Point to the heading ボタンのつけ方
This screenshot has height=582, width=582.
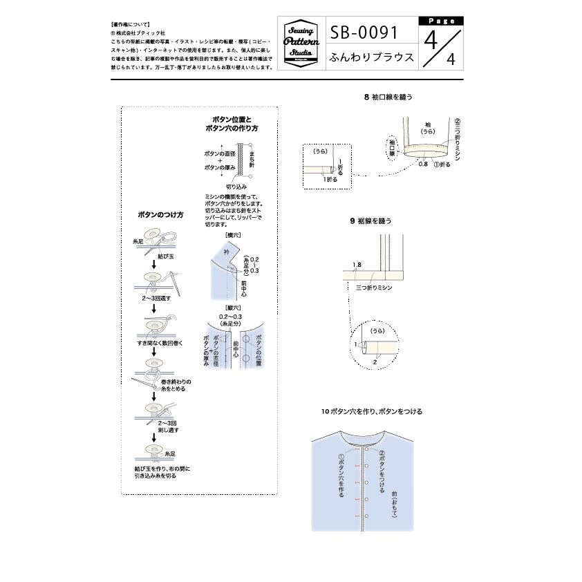tap(161, 215)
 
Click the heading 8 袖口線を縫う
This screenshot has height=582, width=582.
tap(388, 97)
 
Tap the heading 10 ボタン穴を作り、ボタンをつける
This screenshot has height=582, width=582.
tap(371, 411)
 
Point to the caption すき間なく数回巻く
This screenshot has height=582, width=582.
tap(160, 343)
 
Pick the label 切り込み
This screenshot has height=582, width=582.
tap(236, 187)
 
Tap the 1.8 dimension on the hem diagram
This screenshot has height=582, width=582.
tap(357, 265)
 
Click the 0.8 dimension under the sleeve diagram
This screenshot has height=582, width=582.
tap(422, 165)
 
